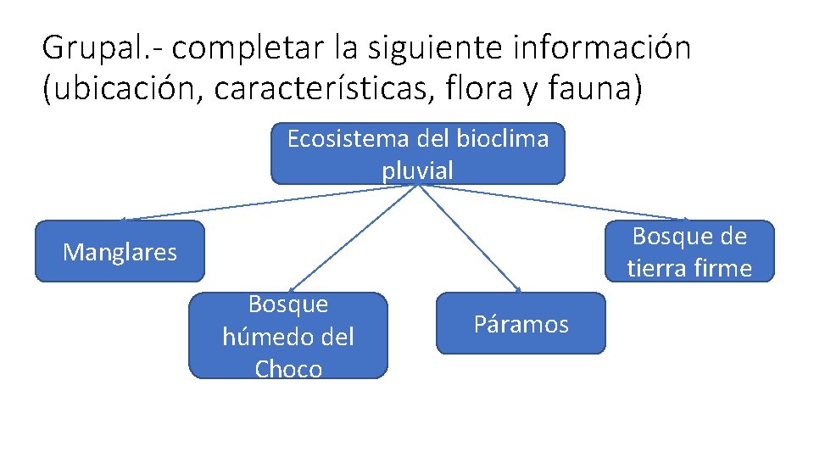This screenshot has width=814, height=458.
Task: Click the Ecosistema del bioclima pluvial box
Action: (417, 154)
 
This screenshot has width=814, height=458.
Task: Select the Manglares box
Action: (120, 251)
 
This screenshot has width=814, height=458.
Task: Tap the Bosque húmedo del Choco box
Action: (287, 336)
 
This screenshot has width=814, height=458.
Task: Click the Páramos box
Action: (521, 323)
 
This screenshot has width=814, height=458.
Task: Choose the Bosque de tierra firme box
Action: (689, 251)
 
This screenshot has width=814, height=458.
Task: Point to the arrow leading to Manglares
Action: (254, 204)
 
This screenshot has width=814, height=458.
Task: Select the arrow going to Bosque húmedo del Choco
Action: (356, 237)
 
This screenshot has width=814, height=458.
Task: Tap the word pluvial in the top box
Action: (417, 170)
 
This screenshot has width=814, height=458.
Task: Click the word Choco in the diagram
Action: (288, 369)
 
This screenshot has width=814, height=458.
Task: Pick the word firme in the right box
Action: (721, 268)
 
